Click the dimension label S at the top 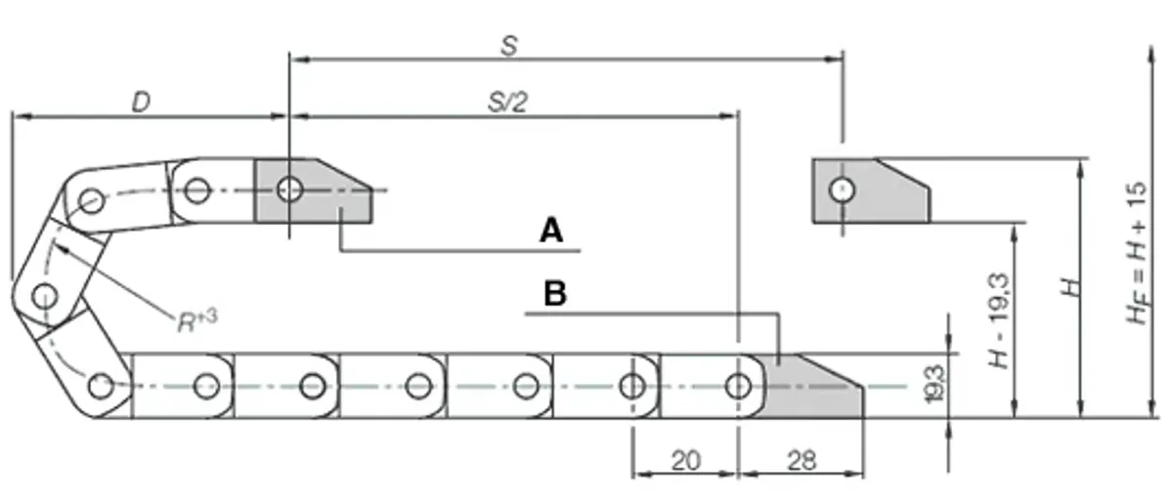click(x=509, y=46)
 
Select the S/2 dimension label click(x=507, y=103)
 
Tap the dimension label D click(x=141, y=102)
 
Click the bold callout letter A click(x=551, y=231)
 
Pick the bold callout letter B click(x=555, y=294)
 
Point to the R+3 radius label click(x=197, y=320)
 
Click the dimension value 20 click(x=685, y=461)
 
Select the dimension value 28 click(x=802, y=461)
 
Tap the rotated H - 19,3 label click(x=999, y=320)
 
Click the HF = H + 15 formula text click(x=1137, y=253)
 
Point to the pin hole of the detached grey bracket click(x=842, y=190)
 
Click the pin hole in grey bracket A click(x=289, y=189)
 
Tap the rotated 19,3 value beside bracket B click(x=935, y=385)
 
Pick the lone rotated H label click(x=1071, y=287)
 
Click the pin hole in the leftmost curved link click(x=45, y=297)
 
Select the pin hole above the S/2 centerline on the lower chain click(x=738, y=386)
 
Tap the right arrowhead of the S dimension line click(x=834, y=60)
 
